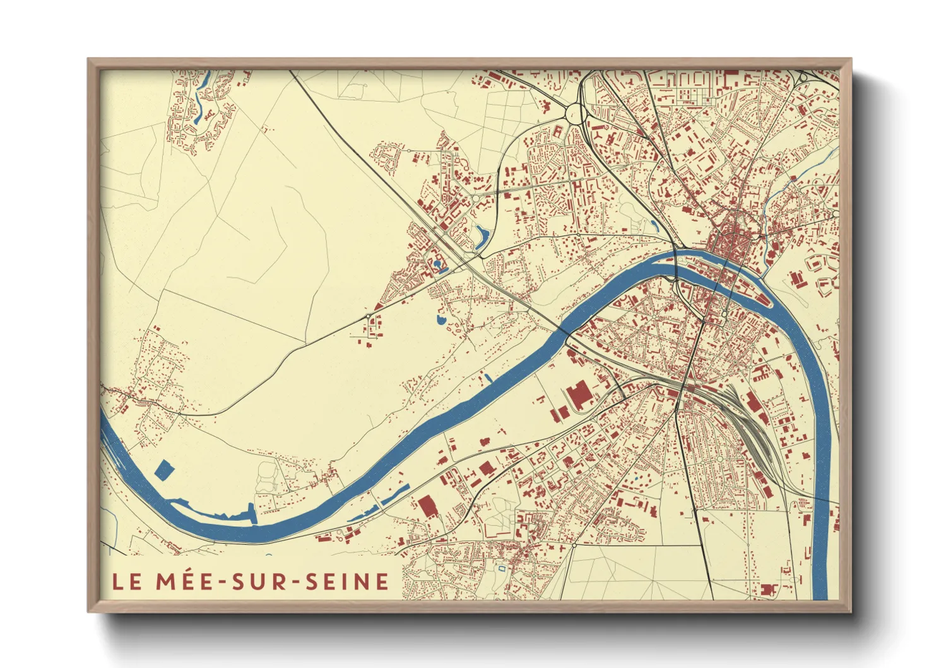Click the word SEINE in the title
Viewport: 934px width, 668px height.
coord(347,582)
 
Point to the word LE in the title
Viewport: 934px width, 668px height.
coord(127,582)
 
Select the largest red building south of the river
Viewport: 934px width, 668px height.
coord(577,395)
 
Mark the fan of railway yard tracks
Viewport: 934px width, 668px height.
coord(745,417)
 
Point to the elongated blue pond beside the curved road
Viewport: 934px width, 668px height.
coord(483,237)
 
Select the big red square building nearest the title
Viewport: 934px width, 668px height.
coord(427,507)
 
